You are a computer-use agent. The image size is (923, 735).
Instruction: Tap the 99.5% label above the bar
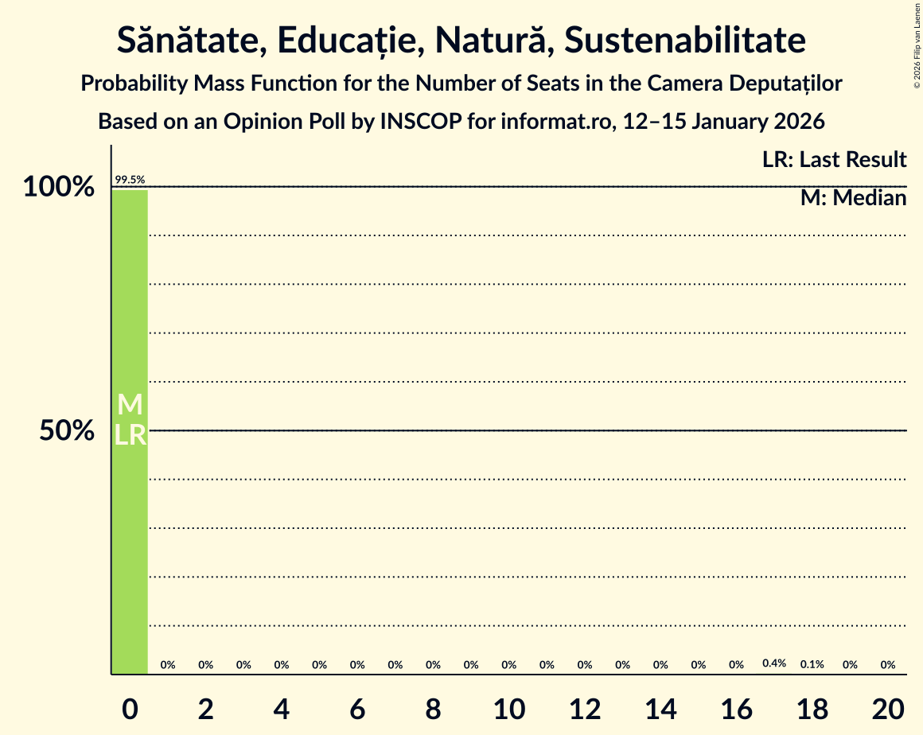click(130, 181)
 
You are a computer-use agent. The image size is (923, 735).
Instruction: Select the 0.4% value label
click(774, 663)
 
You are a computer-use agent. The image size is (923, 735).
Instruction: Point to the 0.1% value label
click(812, 664)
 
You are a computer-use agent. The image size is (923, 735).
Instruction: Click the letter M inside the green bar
click(130, 405)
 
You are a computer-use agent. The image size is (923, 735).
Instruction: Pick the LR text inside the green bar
click(130, 435)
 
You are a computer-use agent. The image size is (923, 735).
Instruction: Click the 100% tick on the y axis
click(59, 188)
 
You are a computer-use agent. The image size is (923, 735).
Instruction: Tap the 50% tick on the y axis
click(68, 431)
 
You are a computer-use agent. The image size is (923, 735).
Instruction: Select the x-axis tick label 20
click(888, 708)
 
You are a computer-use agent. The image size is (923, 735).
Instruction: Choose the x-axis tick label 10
click(509, 708)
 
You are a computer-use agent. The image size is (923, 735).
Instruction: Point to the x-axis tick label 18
click(812, 708)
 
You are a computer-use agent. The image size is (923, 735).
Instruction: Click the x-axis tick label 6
click(357, 708)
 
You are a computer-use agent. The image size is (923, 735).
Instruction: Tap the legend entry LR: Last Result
click(834, 160)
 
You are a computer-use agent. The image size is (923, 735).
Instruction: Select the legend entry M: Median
click(853, 198)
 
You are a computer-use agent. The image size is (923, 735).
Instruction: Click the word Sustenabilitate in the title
click(685, 41)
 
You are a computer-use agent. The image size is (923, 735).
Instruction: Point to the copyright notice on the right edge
click(917, 45)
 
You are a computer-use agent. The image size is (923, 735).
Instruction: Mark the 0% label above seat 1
click(168, 665)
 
